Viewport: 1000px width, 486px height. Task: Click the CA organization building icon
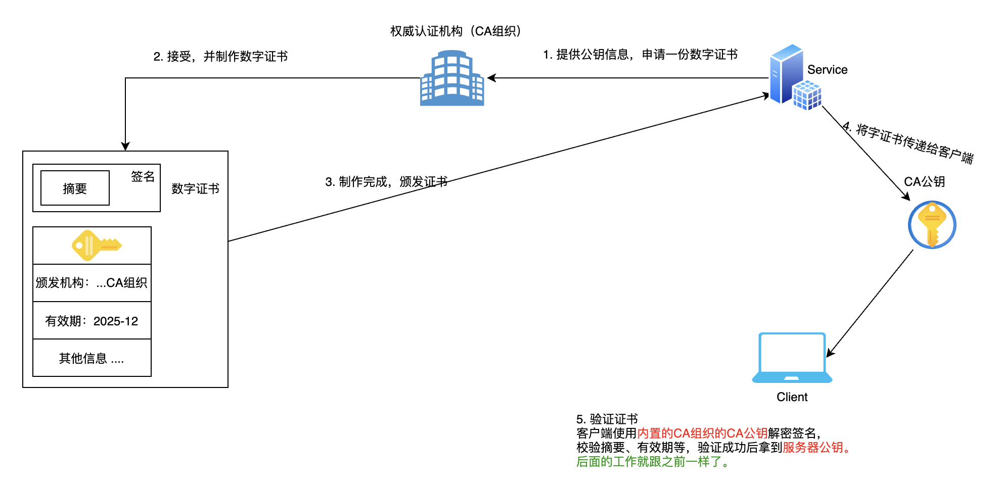point(452,78)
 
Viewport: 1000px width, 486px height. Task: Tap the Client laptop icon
point(792,358)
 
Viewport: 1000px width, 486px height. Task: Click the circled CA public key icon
point(932,225)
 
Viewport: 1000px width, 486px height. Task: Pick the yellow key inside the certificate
point(97,246)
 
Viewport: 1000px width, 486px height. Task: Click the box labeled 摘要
point(75,188)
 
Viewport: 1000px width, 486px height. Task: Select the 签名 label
point(143,176)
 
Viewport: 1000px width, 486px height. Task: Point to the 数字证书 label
point(195,188)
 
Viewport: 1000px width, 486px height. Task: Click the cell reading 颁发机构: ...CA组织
point(92,283)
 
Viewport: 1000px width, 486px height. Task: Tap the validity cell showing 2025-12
point(92,321)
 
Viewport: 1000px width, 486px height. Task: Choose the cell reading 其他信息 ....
point(92,358)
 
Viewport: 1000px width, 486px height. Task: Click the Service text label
point(827,70)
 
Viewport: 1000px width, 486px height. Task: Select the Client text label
point(792,397)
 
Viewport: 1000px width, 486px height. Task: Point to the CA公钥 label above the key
point(924,182)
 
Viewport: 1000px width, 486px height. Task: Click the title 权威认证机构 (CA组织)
point(456,31)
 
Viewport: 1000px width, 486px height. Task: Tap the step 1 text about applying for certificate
point(640,55)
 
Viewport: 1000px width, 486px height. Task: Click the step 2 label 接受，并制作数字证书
point(220,57)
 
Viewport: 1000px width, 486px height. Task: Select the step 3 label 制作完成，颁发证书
point(386,182)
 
